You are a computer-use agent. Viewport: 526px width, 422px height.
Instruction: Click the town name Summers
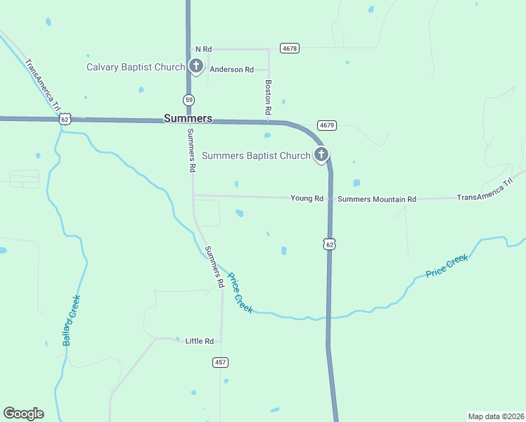coord(187,119)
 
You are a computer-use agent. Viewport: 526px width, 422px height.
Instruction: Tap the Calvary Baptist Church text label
coord(135,68)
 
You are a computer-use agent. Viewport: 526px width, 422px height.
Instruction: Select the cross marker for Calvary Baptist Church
coord(195,67)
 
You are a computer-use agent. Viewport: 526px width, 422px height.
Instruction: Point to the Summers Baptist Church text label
coord(256,156)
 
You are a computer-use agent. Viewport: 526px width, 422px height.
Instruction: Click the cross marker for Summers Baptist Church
coord(321,154)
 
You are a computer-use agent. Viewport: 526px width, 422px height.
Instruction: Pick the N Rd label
coord(203,49)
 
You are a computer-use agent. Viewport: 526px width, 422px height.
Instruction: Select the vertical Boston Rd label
coord(268,97)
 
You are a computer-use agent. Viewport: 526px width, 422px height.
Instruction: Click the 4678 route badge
coord(289,48)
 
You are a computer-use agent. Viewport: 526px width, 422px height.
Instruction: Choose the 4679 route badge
coord(326,125)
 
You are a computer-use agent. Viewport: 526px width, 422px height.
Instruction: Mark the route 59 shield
coord(189,100)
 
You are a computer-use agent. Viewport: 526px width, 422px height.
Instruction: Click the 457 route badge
coord(220,362)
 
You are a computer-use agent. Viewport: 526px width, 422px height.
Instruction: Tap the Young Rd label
coord(307,199)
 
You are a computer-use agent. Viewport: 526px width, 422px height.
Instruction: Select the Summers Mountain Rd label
coord(376,200)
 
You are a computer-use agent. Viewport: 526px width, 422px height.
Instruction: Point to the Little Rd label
coord(199,341)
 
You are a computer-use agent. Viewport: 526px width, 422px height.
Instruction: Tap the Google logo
coord(23,414)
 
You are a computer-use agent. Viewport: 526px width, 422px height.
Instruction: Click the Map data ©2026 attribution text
coord(495,416)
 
